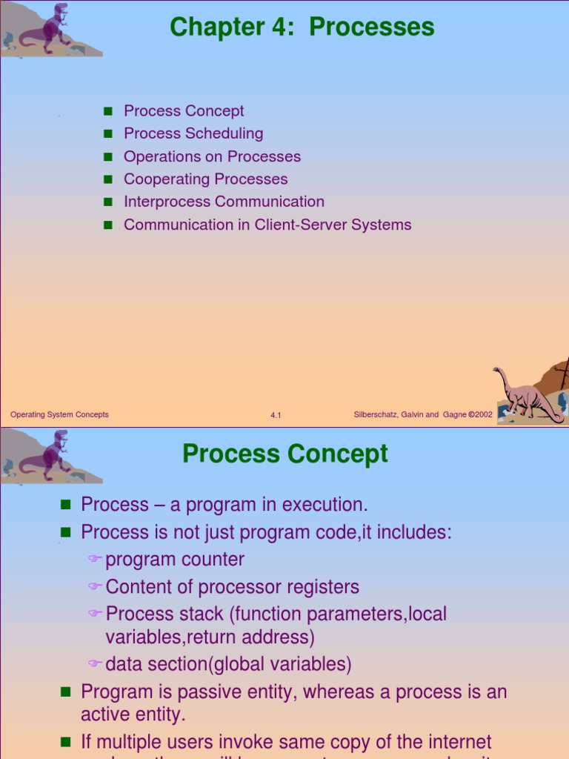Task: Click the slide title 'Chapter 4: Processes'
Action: (302, 27)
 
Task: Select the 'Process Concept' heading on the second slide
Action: (285, 454)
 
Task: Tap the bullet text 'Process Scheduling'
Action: (193, 133)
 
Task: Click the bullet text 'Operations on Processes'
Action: (212, 156)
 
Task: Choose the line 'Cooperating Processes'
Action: (205, 179)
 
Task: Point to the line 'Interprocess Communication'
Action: (224, 202)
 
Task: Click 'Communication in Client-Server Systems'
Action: (267, 225)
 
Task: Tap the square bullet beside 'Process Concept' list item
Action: (107, 111)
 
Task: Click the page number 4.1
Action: (276, 416)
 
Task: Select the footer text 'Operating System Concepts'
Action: (59, 414)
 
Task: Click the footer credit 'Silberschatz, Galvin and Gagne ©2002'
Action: (423, 414)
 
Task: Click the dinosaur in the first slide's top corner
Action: (48, 30)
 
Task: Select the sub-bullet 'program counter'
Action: (175, 560)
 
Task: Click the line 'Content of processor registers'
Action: (232, 587)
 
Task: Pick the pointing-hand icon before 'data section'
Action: (94, 664)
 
